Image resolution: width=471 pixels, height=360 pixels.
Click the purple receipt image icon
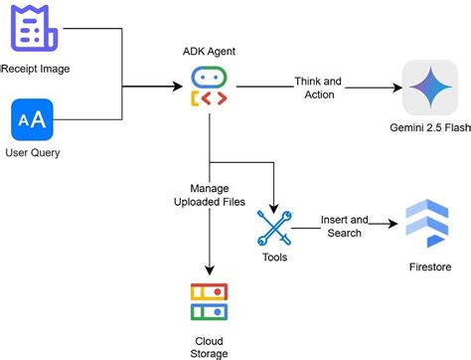point(29,29)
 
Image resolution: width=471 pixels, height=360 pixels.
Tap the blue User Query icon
point(30,122)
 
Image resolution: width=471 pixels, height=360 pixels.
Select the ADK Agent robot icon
point(210,88)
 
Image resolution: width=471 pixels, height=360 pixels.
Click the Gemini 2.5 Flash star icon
point(429,88)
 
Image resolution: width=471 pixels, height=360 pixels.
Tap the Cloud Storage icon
point(210,304)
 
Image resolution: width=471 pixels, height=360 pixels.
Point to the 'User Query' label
point(32,154)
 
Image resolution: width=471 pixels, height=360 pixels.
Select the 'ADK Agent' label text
point(210,50)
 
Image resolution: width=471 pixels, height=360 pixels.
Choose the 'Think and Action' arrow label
point(319,89)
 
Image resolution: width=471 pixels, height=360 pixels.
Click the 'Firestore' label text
point(428,268)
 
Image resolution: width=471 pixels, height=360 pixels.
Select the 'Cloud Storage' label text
point(210,345)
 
